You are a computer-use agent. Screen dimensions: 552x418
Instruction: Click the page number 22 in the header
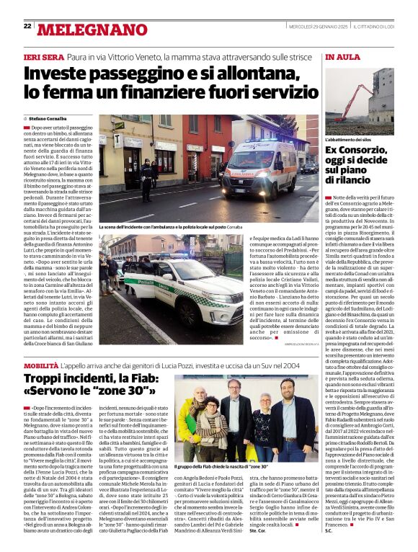pyautogui.click(x=27, y=27)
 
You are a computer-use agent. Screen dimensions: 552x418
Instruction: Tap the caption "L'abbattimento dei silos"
pyautogui.click(x=347, y=139)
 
